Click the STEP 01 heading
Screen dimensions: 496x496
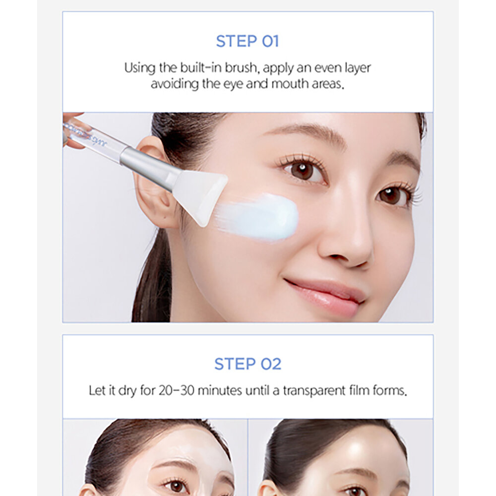(248, 42)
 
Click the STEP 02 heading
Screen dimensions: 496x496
(248, 364)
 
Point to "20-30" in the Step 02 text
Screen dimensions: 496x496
(177, 391)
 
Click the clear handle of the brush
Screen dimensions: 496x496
(95, 139)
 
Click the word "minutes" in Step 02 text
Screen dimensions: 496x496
(220, 391)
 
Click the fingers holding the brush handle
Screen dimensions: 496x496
(70, 129)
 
